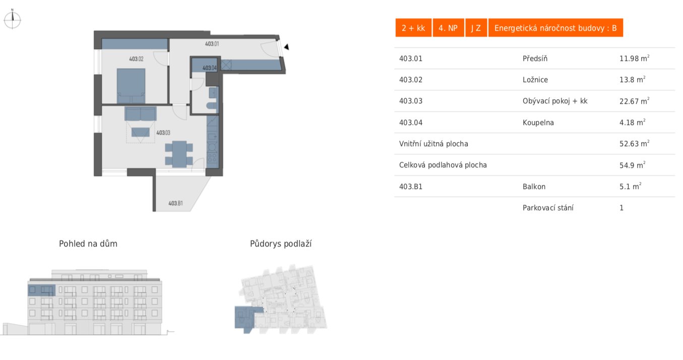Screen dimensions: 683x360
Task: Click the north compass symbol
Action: [x=12, y=20]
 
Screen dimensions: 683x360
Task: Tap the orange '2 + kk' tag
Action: [x=413, y=28]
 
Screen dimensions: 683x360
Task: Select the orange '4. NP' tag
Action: [x=448, y=28]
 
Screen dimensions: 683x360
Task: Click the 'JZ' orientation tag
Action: [x=476, y=28]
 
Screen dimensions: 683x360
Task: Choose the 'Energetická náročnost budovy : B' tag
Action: [x=555, y=28]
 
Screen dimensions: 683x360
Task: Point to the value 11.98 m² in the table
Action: [x=634, y=58]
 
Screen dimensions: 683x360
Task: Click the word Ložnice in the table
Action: [x=535, y=80]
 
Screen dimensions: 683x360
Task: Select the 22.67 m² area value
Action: [x=634, y=101]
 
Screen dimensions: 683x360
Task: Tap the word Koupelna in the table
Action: [x=538, y=123]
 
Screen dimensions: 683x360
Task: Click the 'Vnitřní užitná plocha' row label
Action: [x=433, y=144]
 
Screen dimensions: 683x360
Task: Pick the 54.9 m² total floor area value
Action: [x=632, y=165]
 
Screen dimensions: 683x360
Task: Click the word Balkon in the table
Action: [x=534, y=187]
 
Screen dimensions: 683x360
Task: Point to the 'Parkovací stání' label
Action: [x=547, y=208]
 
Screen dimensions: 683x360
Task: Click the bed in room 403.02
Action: [x=131, y=86]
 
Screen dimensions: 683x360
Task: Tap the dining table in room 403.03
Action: [x=178, y=154]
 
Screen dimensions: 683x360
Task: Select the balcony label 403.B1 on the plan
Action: [x=175, y=204]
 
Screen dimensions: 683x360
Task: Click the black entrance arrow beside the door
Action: [x=286, y=47]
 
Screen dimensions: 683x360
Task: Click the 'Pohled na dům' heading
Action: [x=88, y=244]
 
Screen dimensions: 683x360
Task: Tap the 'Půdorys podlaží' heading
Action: [x=281, y=244]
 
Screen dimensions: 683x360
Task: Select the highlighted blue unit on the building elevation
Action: [x=41, y=290]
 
